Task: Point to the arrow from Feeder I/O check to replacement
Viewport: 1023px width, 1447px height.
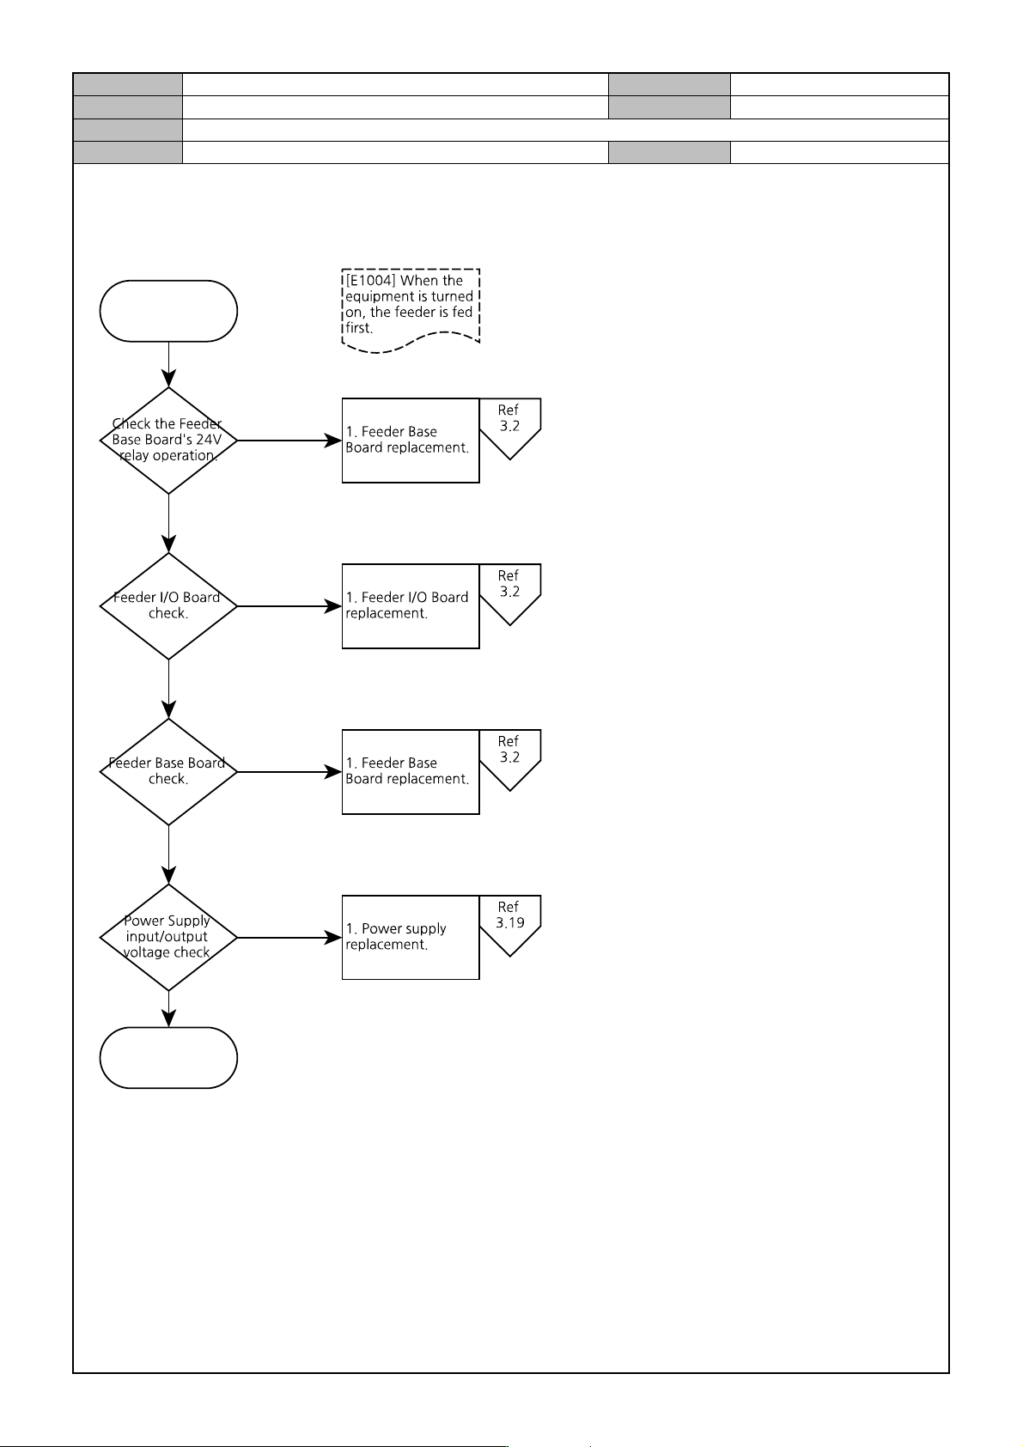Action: (x=289, y=606)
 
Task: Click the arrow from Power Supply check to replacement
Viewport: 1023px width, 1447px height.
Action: (x=289, y=937)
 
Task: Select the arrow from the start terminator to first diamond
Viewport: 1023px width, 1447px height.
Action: (x=168, y=364)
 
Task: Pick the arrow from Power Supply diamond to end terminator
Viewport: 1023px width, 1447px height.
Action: (x=168, y=1009)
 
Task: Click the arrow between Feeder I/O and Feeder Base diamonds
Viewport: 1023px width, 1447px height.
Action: (x=168, y=690)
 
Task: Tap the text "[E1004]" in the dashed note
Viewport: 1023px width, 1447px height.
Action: (x=370, y=280)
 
